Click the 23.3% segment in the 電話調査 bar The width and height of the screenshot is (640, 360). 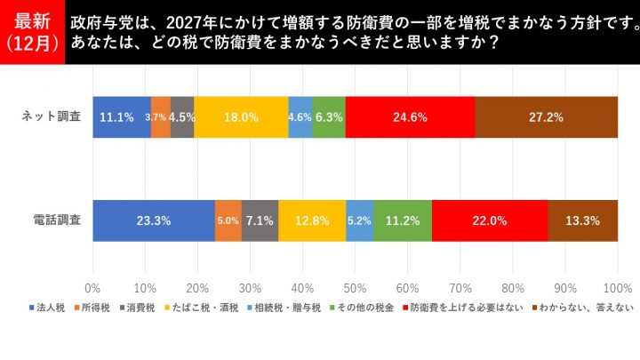tap(153, 221)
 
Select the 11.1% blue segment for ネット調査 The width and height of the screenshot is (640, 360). tap(121, 116)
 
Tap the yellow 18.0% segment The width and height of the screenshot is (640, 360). tap(241, 116)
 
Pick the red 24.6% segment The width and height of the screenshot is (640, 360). tap(410, 116)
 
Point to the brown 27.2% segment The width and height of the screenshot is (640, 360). tap(546, 116)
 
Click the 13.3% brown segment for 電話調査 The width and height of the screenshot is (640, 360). tap(582, 221)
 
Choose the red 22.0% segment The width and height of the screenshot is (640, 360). tap(490, 221)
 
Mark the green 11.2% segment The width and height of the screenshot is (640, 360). tap(403, 221)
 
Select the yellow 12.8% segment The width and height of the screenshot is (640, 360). tap(312, 221)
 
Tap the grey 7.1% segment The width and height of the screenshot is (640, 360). tap(260, 221)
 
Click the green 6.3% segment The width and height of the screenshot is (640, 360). tap(329, 116)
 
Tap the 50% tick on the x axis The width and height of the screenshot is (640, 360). tap(355, 288)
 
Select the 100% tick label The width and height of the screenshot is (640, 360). tap(617, 288)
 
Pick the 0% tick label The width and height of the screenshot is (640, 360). tap(92, 288)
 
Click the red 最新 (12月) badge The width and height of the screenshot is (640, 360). tap(32, 32)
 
